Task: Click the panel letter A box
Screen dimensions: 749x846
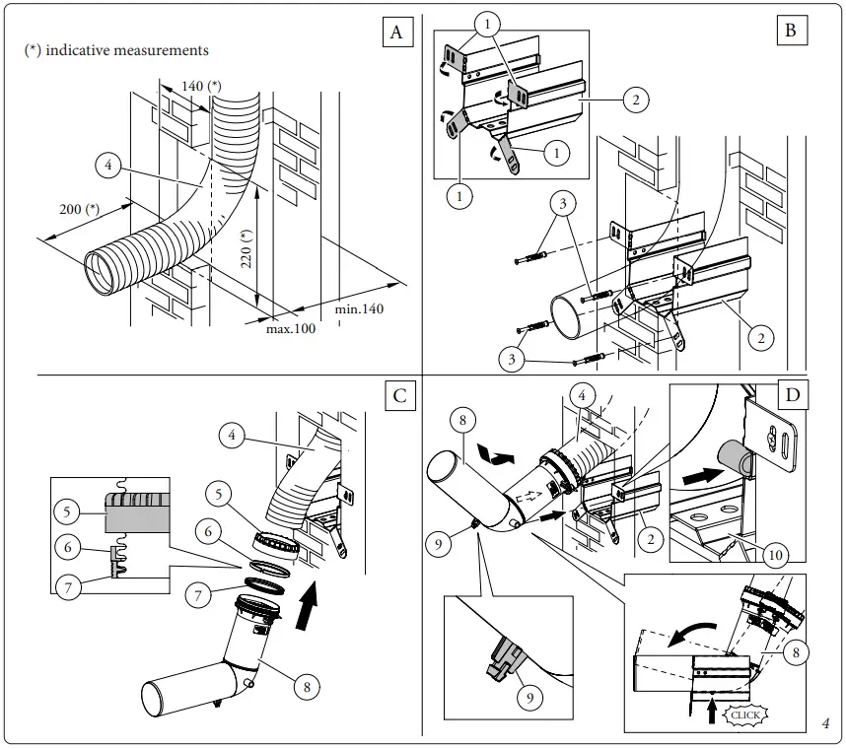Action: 396,33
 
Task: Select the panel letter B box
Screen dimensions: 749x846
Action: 790,31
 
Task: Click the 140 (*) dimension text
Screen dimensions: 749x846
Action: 201,87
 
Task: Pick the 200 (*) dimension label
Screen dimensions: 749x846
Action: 80,209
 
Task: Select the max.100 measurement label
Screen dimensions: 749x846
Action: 291,328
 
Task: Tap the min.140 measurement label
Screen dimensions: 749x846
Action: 359,309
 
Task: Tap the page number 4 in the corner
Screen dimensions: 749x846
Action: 825,724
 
